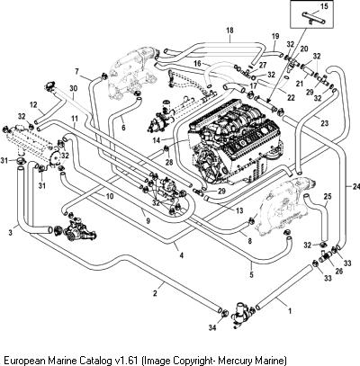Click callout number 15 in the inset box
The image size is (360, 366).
point(325,6)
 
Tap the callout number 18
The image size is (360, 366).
point(230,31)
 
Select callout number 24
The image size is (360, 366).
point(355,187)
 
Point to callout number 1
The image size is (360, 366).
point(290,311)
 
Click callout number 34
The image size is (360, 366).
point(212,327)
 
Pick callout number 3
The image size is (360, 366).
point(11,232)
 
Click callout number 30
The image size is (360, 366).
point(74,88)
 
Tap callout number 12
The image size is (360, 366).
point(33,105)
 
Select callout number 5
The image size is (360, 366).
point(251,274)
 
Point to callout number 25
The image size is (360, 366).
point(328,197)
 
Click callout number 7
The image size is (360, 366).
point(77,71)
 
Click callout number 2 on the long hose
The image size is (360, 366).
point(155,293)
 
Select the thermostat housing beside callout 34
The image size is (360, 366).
point(242,313)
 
